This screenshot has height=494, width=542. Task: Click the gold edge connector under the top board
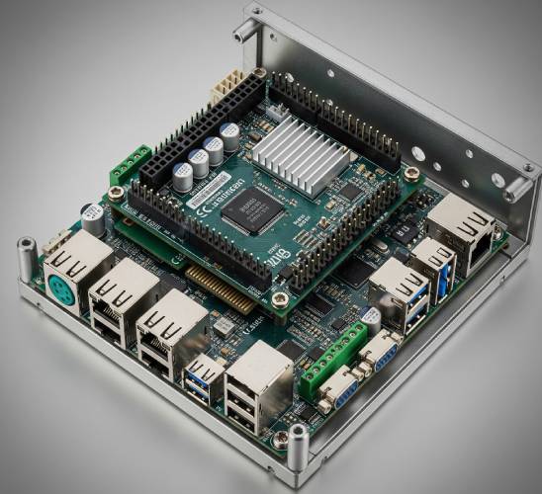click(x=222, y=286)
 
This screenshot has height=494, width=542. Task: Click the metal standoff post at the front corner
click(x=298, y=447)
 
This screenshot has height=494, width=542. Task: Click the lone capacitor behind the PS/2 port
click(x=93, y=218)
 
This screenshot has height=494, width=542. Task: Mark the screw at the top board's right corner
click(x=410, y=175)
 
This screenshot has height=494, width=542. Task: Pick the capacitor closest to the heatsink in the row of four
click(x=230, y=136)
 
